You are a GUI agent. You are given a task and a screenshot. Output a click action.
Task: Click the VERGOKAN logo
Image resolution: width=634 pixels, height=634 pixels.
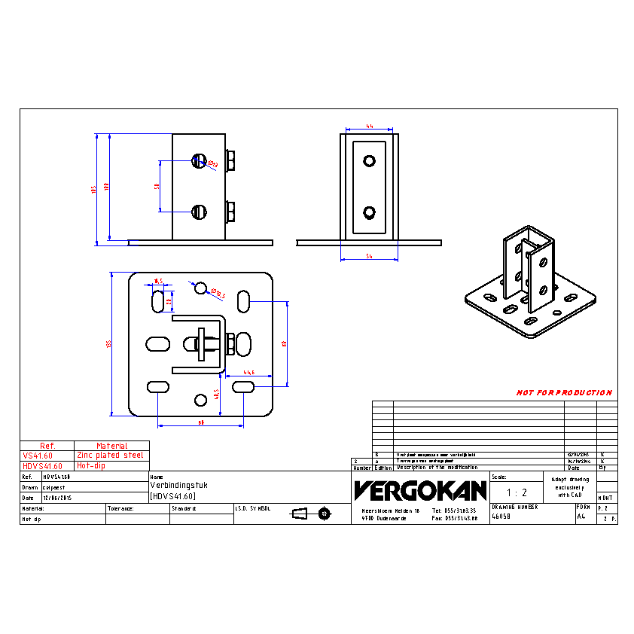pyautogui.click(x=420, y=491)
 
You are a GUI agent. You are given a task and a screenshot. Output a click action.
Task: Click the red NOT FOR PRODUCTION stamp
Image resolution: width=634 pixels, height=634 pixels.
pyautogui.click(x=564, y=393)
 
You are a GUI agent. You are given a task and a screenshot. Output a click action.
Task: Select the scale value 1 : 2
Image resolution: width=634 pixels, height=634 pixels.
pyautogui.click(x=517, y=493)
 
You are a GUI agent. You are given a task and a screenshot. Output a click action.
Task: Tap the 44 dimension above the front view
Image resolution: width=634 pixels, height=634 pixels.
pyautogui.click(x=370, y=126)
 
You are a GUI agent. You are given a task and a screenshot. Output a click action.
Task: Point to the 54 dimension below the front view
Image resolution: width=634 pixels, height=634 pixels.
pyautogui.click(x=370, y=258)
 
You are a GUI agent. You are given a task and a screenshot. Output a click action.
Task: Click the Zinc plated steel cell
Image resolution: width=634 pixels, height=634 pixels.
pyautogui.click(x=111, y=456)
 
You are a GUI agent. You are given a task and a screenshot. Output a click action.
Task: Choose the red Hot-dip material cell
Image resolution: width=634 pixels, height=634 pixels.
pyautogui.click(x=91, y=466)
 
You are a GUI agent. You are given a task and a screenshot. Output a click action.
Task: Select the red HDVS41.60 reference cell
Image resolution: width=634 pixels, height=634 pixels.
pyautogui.click(x=43, y=466)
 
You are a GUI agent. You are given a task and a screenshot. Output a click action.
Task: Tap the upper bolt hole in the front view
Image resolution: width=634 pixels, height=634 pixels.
pyautogui.click(x=369, y=160)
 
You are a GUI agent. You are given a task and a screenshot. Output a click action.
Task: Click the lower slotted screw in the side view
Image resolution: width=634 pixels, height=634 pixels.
pyautogui.click(x=199, y=212)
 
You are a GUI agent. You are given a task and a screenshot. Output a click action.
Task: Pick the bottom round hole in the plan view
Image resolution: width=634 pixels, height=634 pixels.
pyautogui.click(x=200, y=399)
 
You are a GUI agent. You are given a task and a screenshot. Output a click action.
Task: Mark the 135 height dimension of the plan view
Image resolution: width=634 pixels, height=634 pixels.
pyautogui.click(x=109, y=344)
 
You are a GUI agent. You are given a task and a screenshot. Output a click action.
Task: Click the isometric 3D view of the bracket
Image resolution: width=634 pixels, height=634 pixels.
pyautogui.click(x=530, y=282)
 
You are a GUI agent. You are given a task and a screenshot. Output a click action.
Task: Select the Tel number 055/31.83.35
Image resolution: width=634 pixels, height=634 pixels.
pyautogui.click(x=456, y=511)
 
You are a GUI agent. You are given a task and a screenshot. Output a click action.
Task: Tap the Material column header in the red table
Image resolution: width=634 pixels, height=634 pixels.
pyautogui.click(x=111, y=446)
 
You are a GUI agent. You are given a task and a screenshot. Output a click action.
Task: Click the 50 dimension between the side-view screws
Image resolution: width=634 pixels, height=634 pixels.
pyautogui.click(x=157, y=186)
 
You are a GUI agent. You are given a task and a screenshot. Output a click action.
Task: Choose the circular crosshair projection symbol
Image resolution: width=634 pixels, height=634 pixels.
pyautogui.click(x=325, y=514)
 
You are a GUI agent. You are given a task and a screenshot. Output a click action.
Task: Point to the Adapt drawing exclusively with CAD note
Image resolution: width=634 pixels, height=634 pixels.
pyautogui.click(x=569, y=487)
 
